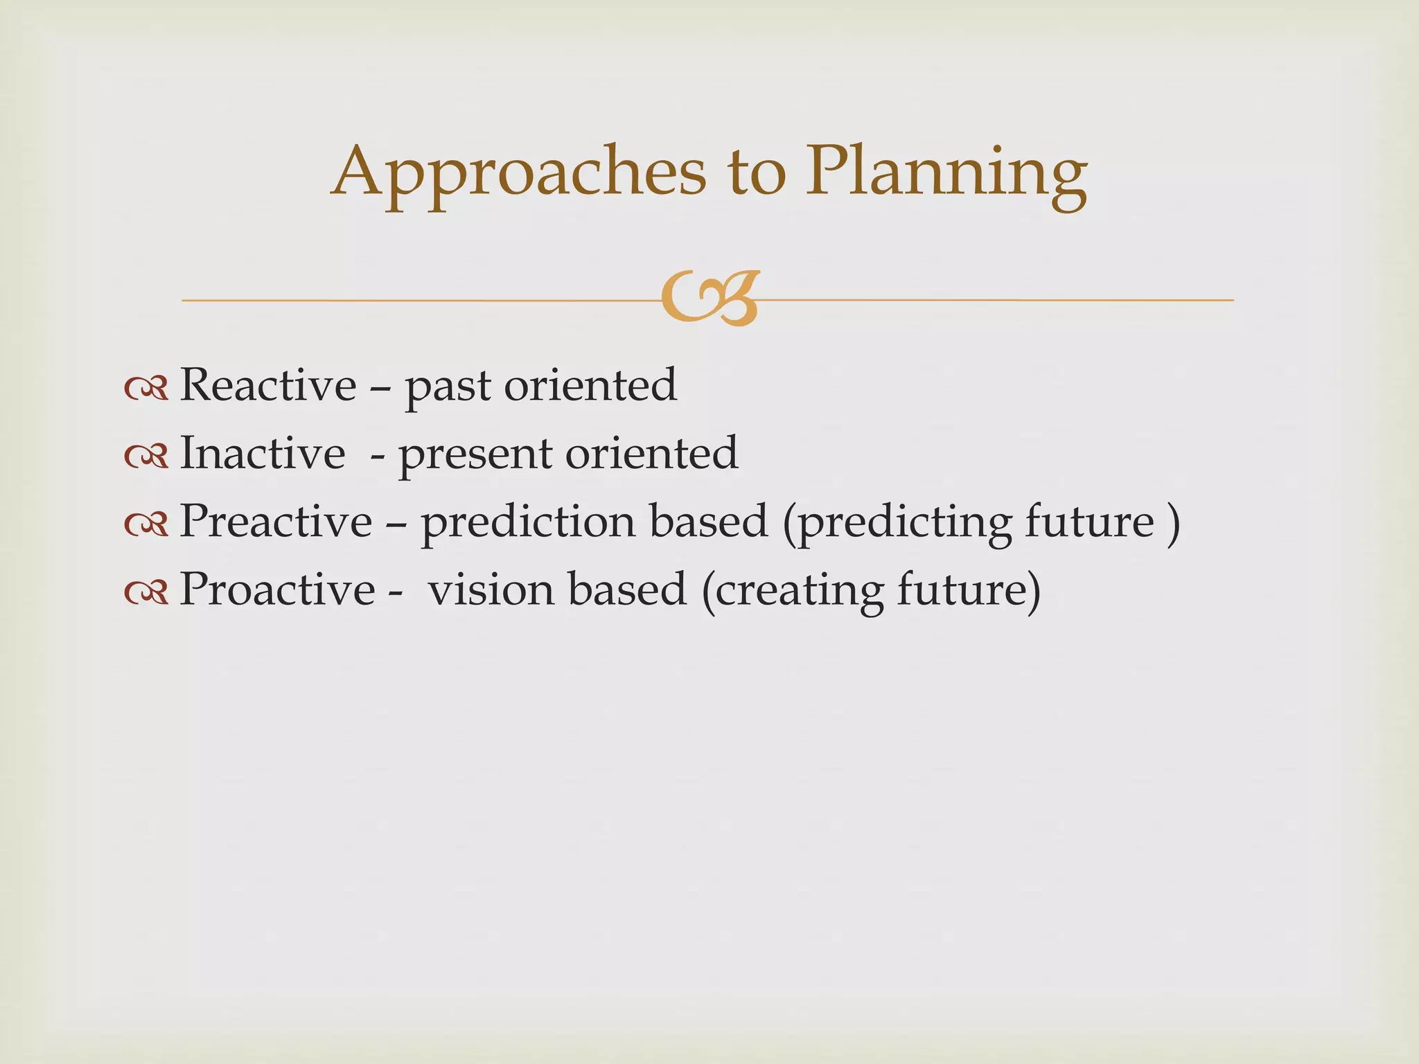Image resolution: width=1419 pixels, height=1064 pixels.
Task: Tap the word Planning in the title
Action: (x=946, y=173)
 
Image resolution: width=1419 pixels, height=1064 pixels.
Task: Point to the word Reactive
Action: (x=268, y=385)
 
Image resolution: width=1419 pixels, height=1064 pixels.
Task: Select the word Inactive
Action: (x=263, y=453)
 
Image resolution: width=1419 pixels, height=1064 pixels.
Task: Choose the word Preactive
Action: (x=276, y=521)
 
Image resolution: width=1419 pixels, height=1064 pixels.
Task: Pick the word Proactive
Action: (x=277, y=589)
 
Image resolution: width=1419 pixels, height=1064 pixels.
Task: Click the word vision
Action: (x=491, y=589)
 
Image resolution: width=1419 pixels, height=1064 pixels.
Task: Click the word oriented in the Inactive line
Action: (x=651, y=453)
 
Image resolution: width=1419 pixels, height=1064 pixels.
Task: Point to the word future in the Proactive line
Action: (x=961, y=589)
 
